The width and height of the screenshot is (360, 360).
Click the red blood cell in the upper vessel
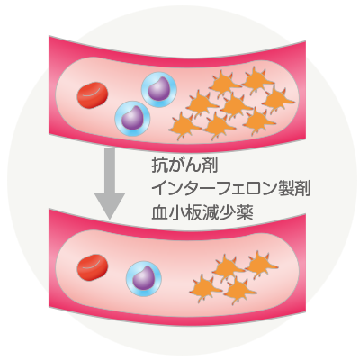(x=93, y=94)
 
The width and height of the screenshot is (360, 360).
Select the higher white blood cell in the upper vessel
(x=159, y=90)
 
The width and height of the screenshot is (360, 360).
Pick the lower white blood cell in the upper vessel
(x=132, y=119)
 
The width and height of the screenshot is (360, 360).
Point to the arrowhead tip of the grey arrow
(x=110, y=220)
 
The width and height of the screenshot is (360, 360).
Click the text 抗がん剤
(x=184, y=166)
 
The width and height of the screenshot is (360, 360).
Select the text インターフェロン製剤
(x=230, y=189)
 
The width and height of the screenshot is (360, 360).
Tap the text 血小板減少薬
(x=202, y=213)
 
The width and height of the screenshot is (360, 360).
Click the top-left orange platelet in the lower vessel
(x=228, y=268)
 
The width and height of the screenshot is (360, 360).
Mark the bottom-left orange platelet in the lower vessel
(x=206, y=289)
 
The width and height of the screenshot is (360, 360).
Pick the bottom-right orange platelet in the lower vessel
(x=240, y=290)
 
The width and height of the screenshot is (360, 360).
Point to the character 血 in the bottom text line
(x=159, y=213)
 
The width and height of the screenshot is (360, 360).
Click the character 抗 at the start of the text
(x=159, y=166)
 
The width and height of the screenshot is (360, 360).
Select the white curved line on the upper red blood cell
(x=91, y=94)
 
